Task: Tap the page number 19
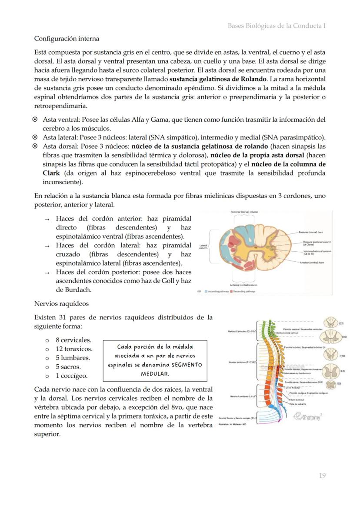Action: coord(322,476)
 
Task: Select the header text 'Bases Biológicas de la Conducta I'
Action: coord(277,26)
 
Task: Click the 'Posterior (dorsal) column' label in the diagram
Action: coord(244,212)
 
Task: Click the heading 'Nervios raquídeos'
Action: coord(61,303)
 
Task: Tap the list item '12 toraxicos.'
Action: coord(73,349)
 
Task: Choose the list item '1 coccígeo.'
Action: coord(71,376)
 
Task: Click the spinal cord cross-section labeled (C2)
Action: coord(332,323)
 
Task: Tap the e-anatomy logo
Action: coord(308,416)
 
